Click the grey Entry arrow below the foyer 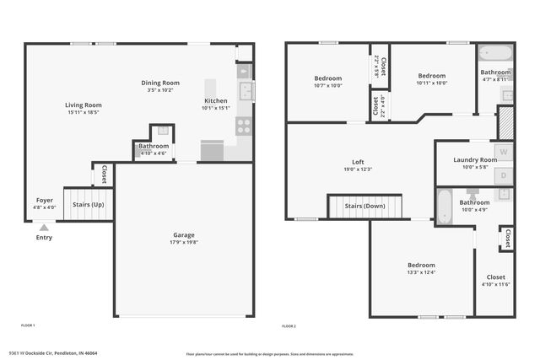pos(44,226)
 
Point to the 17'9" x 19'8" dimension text pos(183,242)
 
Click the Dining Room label pos(160,82)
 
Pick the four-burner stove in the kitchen pos(244,126)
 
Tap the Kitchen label pos(215,100)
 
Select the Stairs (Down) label pos(365,206)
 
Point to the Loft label pos(358,162)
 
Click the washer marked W pos(505,153)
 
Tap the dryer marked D pos(505,175)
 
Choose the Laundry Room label pos(475,159)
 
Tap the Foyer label pos(45,200)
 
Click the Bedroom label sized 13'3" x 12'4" pos(422,265)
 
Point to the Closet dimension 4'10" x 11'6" pos(496,284)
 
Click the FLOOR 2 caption pos(289,325)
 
